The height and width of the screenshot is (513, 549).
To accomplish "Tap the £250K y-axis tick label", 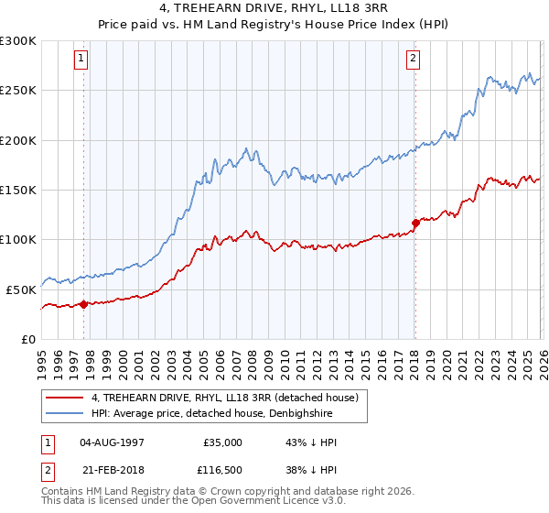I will [17, 91].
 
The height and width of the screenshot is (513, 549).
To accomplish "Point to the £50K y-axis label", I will [21, 289].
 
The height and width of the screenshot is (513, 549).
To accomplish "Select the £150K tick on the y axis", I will [17, 190].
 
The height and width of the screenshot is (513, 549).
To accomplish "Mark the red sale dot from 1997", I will [83, 304].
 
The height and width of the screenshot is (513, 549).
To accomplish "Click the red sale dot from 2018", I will [415, 223].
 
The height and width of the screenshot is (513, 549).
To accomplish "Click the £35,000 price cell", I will [222, 442].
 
